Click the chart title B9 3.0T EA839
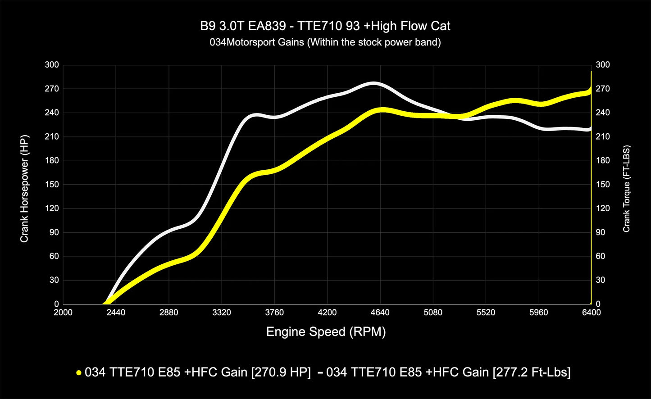325,26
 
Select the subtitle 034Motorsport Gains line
325,43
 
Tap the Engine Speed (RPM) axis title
326,332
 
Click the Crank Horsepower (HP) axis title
24,188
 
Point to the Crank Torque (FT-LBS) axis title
627,188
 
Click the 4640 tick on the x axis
380,313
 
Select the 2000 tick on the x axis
63,313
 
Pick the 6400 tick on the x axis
591,313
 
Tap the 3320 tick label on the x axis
222,313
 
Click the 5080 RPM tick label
433,313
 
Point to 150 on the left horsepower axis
52,185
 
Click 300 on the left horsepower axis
52,65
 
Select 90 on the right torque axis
601,232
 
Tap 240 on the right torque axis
602,113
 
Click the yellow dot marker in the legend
79,373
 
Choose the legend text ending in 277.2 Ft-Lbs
448,372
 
